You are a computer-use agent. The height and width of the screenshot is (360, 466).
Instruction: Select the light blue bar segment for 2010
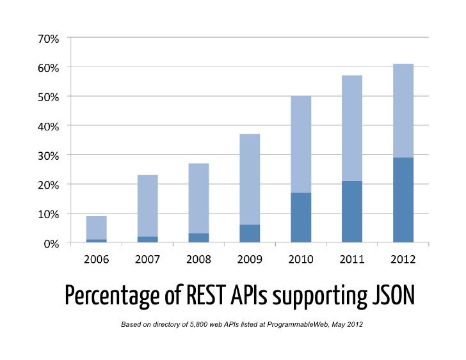pyautogui.click(x=301, y=145)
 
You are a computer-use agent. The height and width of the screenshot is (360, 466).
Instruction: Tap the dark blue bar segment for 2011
pyautogui.click(x=352, y=212)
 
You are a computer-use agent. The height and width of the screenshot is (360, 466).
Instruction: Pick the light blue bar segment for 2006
pyautogui.click(x=97, y=228)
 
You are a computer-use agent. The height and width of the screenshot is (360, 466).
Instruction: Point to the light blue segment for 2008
pyautogui.click(x=198, y=198)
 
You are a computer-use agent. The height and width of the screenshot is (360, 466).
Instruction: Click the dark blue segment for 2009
pyautogui.click(x=250, y=233)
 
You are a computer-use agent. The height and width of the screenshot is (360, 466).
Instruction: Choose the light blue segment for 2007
pyautogui.click(x=147, y=205)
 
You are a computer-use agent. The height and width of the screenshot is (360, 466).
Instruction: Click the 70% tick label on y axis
pyautogui.click(x=48, y=38)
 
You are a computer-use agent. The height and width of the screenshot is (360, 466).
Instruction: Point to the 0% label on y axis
pyautogui.click(x=51, y=243)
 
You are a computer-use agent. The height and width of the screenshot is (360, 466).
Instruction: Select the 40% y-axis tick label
pyautogui.click(x=48, y=126)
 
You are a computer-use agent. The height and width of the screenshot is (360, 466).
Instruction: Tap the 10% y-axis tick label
pyautogui.click(x=48, y=214)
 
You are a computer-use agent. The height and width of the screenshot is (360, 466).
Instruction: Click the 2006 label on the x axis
pyautogui.click(x=97, y=260)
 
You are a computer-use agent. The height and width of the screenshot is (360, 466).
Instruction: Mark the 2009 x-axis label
pyautogui.click(x=250, y=260)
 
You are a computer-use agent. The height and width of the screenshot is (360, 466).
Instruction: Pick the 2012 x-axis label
pyautogui.click(x=403, y=260)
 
